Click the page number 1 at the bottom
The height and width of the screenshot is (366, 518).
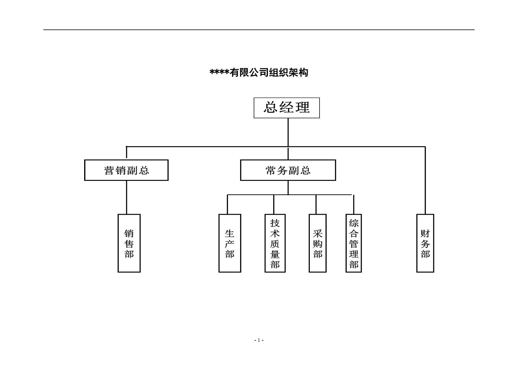(x=259, y=340)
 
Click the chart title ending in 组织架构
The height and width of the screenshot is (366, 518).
(x=259, y=73)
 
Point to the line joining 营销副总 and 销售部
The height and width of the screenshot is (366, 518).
(x=127, y=197)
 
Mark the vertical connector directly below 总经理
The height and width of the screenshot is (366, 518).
(x=288, y=132)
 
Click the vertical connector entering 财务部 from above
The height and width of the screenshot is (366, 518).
(x=425, y=180)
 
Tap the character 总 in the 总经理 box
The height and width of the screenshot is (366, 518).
(x=271, y=107)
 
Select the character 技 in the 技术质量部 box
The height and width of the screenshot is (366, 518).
(x=275, y=223)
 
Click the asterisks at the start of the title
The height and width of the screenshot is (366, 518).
(x=219, y=72)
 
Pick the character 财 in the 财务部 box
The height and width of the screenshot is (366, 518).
(x=425, y=234)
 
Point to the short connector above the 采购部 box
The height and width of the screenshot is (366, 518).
(x=316, y=204)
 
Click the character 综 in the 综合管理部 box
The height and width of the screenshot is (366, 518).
(x=354, y=223)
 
